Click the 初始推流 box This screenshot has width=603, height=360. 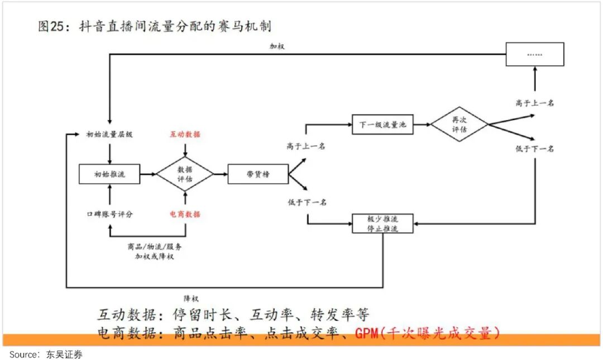click(x=109, y=174)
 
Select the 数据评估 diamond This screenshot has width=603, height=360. click(x=185, y=174)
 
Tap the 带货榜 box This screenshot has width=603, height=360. click(x=257, y=174)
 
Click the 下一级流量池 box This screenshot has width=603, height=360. click(x=382, y=124)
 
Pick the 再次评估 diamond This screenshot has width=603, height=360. click(x=459, y=124)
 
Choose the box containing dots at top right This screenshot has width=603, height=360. click(x=534, y=54)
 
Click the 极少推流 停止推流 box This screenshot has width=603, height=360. click(x=382, y=223)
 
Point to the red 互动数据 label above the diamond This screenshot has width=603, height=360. click(x=185, y=135)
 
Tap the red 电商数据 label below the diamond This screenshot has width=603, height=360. click(x=185, y=214)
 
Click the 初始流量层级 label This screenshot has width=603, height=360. click(x=109, y=135)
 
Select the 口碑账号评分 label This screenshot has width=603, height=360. click(x=109, y=214)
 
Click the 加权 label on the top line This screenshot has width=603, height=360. click(x=277, y=46)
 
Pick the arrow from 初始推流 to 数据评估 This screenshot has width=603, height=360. click(x=148, y=174)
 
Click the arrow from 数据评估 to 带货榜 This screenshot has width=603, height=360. click(x=221, y=174)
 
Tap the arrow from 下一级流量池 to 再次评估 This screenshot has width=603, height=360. click(x=422, y=124)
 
